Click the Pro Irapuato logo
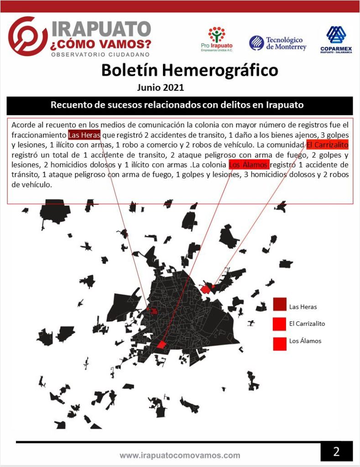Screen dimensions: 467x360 click(217, 39)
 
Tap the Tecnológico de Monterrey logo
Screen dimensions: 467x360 click(277, 43)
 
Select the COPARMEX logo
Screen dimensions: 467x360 click(336, 40)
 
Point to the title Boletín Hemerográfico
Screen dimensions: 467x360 click(189, 70)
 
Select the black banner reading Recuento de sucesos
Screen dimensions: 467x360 click(180, 105)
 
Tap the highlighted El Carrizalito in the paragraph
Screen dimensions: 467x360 click(327, 145)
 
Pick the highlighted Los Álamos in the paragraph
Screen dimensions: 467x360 click(249, 165)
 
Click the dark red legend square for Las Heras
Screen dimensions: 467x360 click(280, 304)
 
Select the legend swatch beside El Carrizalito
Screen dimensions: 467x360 click(280, 324)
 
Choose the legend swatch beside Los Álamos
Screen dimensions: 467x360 click(280, 343)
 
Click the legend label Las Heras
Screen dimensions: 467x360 click(303, 307)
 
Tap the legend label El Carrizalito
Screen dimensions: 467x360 click(307, 324)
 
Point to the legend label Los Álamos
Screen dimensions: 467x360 click(305, 341)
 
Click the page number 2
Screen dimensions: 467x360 click(336, 451)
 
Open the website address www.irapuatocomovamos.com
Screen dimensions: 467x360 click(180, 455)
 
